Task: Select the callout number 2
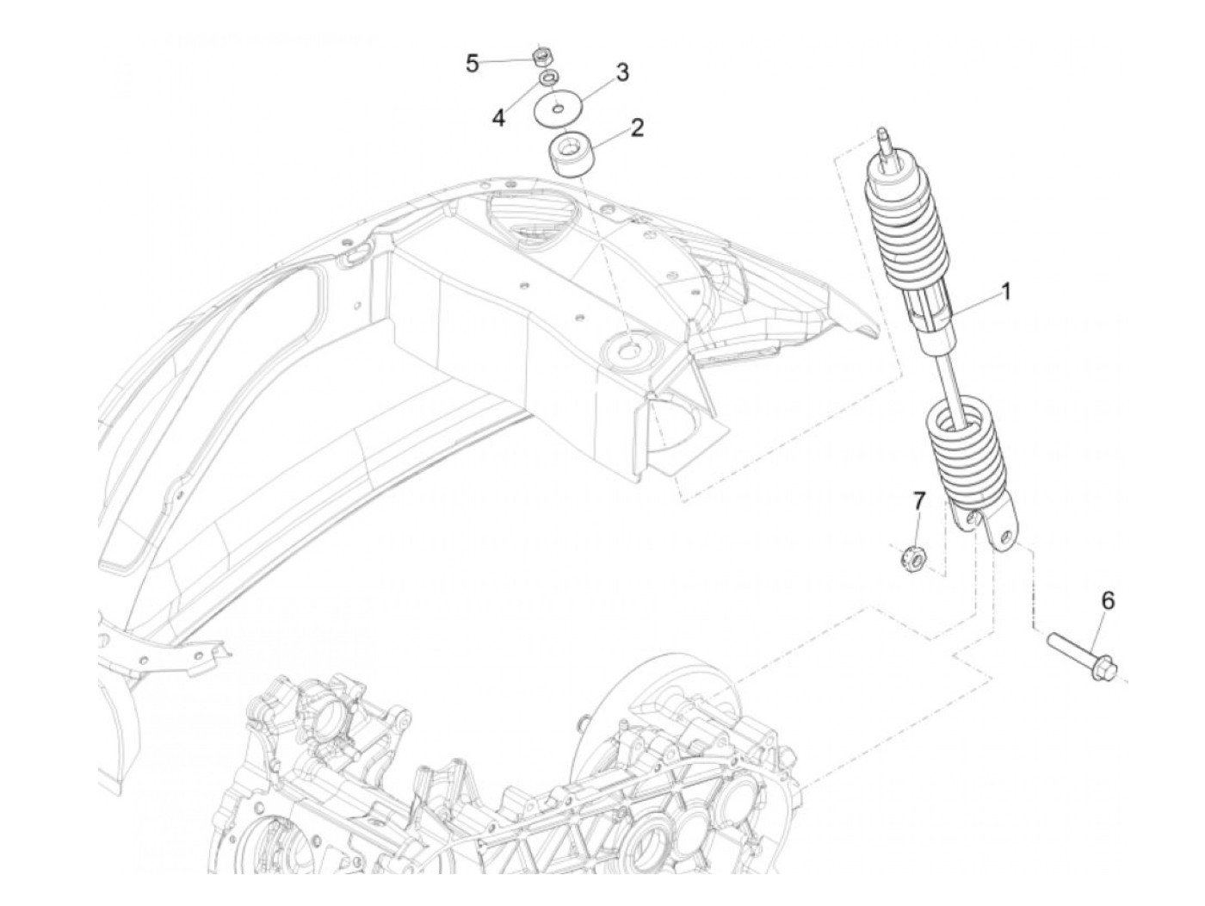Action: coord(637,128)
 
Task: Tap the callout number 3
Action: coord(622,72)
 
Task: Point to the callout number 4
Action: coord(499,118)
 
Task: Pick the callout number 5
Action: coord(472,63)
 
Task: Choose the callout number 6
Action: coord(1107,601)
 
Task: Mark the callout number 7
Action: coord(918,500)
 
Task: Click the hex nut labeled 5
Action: coord(542,57)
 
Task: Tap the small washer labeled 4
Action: coord(546,79)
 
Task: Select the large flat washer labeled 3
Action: coord(557,109)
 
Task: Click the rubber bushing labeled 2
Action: coord(572,153)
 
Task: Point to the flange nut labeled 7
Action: coord(914,560)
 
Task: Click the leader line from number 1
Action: coord(973,308)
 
